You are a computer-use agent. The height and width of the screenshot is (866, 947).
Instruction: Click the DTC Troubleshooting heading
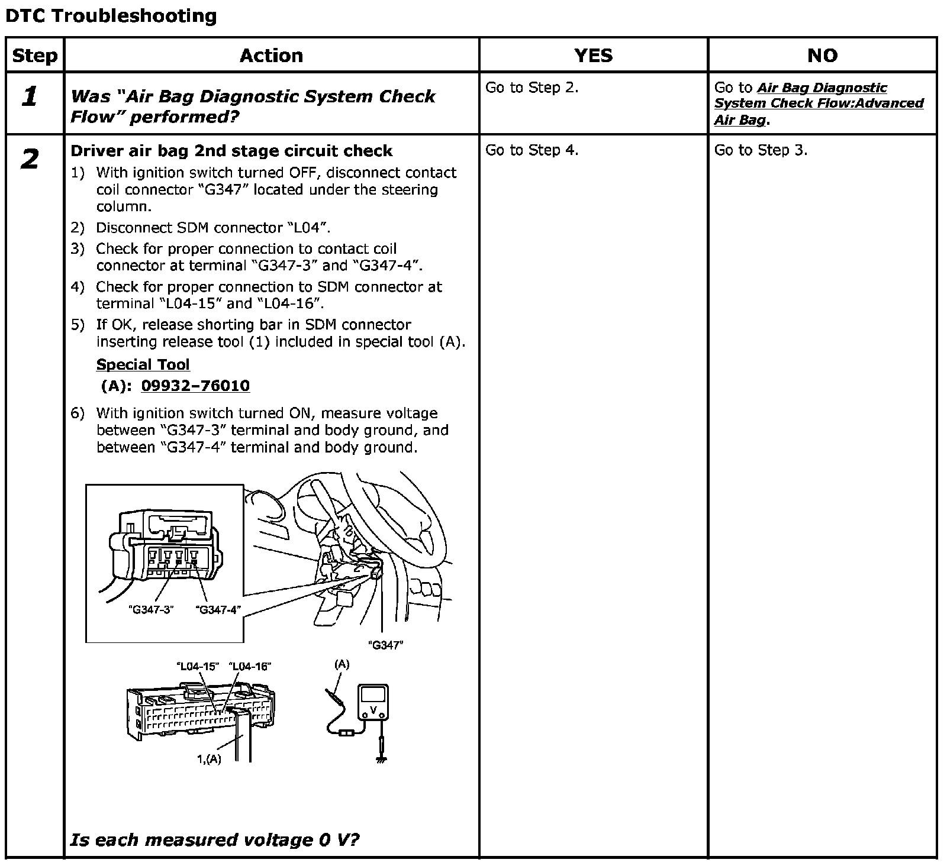pos(111,16)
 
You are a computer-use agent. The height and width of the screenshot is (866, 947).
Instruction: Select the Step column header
pos(35,56)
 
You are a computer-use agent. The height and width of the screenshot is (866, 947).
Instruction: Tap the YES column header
pos(593,56)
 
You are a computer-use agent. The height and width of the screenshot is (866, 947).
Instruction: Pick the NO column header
pos(822,56)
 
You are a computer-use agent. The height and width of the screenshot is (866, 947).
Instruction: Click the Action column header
pos(271,56)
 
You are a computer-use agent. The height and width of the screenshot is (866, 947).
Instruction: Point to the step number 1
pos(30,96)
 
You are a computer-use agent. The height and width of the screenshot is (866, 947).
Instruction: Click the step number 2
pos(30,159)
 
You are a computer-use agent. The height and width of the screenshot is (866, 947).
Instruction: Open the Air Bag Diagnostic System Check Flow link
pos(819,104)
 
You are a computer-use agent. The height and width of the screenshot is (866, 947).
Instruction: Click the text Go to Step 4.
pos(532,150)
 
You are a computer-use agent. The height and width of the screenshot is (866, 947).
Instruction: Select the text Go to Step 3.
pos(761,150)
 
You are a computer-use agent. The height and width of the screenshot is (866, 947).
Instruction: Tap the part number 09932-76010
pos(195,386)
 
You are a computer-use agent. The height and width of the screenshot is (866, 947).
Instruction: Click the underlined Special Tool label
pos(143,364)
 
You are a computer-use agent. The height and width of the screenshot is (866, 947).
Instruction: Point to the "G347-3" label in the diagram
pos(150,610)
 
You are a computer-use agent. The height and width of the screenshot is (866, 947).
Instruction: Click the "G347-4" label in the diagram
pos(218,610)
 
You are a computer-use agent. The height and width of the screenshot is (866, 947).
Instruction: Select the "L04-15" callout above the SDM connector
pos(198,667)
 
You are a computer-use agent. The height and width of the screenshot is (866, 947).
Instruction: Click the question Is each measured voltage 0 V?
pos(214,839)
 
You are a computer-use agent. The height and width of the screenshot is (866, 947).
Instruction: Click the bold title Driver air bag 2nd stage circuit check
pos(231,151)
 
